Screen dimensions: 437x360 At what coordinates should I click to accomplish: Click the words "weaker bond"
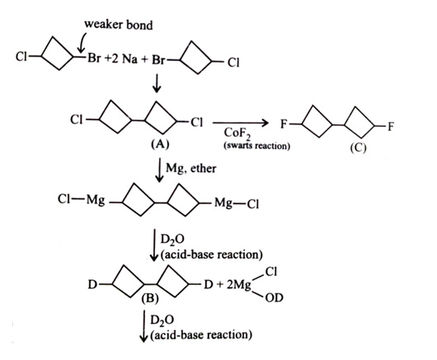pyautogui.click(x=119, y=25)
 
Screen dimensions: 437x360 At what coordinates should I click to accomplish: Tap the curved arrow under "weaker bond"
pyautogui.click(x=82, y=42)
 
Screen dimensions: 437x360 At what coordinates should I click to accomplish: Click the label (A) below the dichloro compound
pyautogui.click(x=160, y=144)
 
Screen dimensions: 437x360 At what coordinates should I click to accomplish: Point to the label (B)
pyautogui.click(x=150, y=298)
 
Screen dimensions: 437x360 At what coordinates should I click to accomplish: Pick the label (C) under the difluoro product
pyautogui.click(x=358, y=147)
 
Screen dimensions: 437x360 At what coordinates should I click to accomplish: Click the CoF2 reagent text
pyautogui.click(x=237, y=134)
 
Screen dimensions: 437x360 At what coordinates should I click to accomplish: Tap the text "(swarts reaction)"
pyautogui.click(x=256, y=146)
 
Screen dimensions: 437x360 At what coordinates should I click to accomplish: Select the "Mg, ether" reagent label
pyautogui.click(x=191, y=168)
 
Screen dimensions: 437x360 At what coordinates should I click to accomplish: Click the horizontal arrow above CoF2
pyautogui.click(x=241, y=123)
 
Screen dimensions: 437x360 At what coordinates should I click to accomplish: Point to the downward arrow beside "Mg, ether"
pyautogui.click(x=159, y=171)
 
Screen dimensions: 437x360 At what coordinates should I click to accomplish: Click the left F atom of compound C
pyautogui.click(x=284, y=124)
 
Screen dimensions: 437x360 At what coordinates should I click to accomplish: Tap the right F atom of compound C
pyautogui.click(x=391, y=127)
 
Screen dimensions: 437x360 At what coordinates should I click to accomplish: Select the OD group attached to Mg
pyautogui.click(x=275, y=298)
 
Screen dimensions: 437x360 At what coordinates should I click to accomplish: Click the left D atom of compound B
pyautogui.click(x=92, y=284)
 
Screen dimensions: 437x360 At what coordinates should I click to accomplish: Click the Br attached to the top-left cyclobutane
pyautogui.click(x=94, y=58)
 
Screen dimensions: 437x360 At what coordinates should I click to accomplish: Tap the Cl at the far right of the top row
pyautogui.click(x=233, y=63)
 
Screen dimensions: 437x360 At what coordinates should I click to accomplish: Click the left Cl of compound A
pyautogui.click(x=77, y=120)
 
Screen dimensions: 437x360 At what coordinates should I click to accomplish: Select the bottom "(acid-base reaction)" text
pyautogui.click(x=201, y=334)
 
